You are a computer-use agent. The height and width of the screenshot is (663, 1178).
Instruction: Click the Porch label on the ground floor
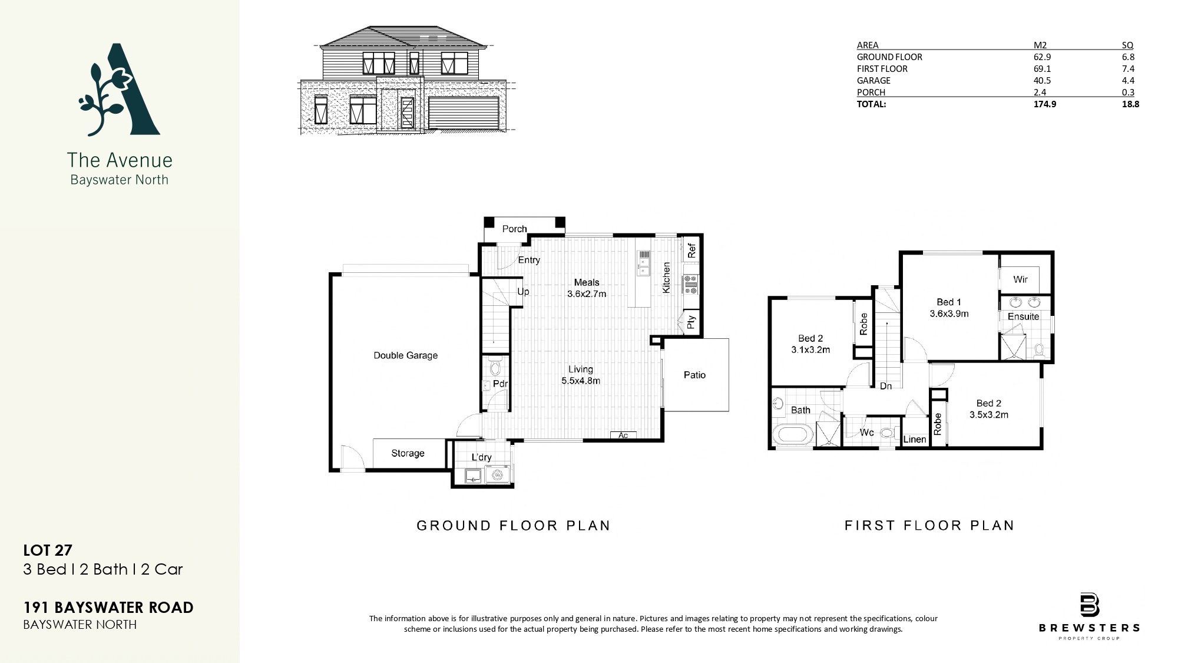pos(514,229)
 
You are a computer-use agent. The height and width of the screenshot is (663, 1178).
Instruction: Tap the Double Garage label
pos(406,355)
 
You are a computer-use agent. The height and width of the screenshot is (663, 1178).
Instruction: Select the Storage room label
pos(408,453)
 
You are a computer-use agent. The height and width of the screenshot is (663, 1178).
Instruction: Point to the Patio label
pos(694,375)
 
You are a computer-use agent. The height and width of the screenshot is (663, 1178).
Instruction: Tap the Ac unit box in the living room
pos(623,436)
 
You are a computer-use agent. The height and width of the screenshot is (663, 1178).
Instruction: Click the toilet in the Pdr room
pos(495,368)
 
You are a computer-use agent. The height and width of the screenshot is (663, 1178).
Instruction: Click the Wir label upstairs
pos(1020,279)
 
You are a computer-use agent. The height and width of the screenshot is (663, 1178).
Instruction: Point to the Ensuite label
pos(1023,316)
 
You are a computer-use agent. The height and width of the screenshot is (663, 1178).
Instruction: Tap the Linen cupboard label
pos(915,439)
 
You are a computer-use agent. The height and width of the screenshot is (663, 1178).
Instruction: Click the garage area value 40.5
pos(1042,80)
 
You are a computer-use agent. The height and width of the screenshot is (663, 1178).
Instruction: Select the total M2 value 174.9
pos(1044,104)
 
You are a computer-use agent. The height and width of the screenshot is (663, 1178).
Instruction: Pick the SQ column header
pos(1127,45)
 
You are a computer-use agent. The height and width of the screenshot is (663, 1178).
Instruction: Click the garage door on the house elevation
pos(464,112)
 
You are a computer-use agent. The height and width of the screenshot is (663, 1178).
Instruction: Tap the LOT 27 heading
pos(48,550)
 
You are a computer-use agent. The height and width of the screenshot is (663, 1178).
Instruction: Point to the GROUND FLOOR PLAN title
pos(514,525)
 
